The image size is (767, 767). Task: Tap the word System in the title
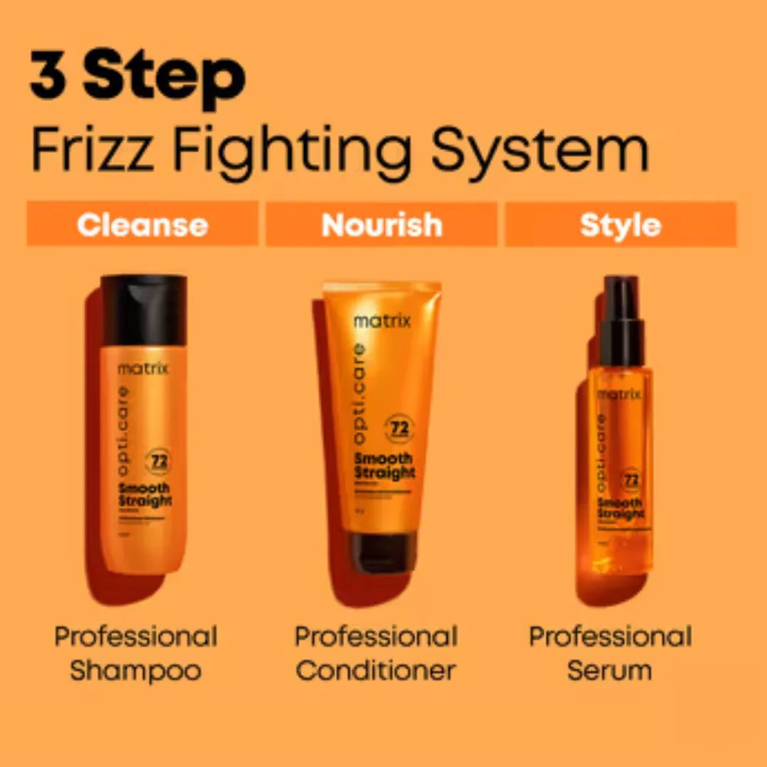coord(540,151)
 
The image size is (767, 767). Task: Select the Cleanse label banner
coord(142,224)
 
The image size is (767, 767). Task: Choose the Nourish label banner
coord(381,224)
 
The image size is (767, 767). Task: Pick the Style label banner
coord(620,224)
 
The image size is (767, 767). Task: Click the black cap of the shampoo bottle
coord(143,310)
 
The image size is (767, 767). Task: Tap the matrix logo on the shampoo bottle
coord(143,369)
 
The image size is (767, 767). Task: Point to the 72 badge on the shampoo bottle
coord(158,460)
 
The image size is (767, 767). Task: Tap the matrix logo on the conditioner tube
coord(382,321)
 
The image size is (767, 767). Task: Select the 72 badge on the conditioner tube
coord(399,429)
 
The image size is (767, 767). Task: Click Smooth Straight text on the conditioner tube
coord(384,466)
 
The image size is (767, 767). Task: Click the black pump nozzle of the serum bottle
coord(621,320)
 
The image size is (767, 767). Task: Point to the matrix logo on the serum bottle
coord(619,394)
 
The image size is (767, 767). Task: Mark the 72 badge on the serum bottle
coord(631,479)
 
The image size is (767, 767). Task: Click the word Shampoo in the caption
coord(135,670)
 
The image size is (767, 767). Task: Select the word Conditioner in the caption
coord(376,670)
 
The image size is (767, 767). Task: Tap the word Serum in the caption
coord(609,670)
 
